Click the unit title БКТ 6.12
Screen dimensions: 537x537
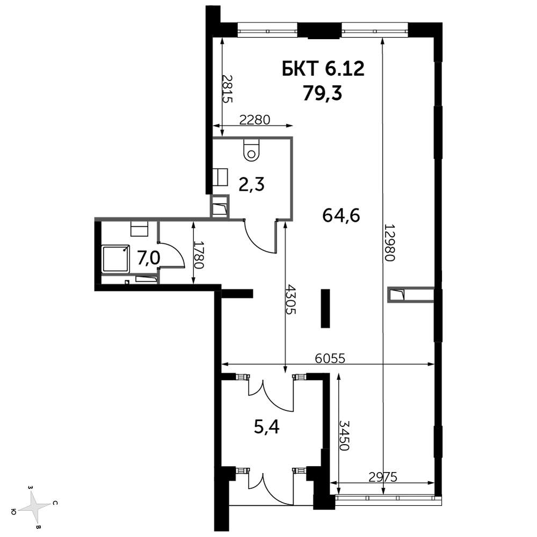coord(323,69)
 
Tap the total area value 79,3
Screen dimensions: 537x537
coord(322,93)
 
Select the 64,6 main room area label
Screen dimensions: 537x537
coord(341,215)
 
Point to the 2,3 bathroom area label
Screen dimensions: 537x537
coord(252,185)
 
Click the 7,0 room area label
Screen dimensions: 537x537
coord(149,258)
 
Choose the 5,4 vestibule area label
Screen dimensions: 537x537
coord(267,427)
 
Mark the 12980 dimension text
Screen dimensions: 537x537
coord(390,243)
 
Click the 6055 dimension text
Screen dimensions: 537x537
coord(330,358)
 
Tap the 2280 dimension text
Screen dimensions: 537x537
coord(255,120)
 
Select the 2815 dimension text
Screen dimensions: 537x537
coord(227,89)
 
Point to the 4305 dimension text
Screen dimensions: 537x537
coord(291,299)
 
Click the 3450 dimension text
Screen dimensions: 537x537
coord(345,436)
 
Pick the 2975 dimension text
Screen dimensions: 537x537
coord(383,477)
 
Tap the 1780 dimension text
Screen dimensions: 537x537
coord(199,255)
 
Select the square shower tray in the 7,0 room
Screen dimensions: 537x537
coord(116,259)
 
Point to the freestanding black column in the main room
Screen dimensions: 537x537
coord(325,308)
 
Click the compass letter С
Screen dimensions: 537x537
coord(55,504)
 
